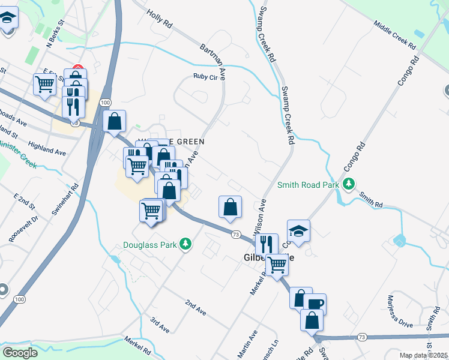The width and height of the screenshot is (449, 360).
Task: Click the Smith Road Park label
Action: (308, 185)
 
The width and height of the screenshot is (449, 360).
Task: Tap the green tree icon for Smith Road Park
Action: (348, 184)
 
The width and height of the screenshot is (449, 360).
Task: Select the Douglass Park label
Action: (151, 244)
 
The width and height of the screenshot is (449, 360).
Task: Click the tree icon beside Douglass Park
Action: (186, 244)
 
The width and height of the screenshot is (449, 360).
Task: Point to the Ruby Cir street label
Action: (204, 76)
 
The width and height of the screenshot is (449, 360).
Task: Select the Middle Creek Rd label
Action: (394, 35)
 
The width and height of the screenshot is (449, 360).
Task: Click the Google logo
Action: (20, 353)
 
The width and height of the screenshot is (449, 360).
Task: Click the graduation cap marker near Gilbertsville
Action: (298, 230)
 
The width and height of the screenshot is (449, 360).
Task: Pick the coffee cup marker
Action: (315, 304)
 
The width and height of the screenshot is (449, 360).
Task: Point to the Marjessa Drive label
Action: (399, 311)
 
